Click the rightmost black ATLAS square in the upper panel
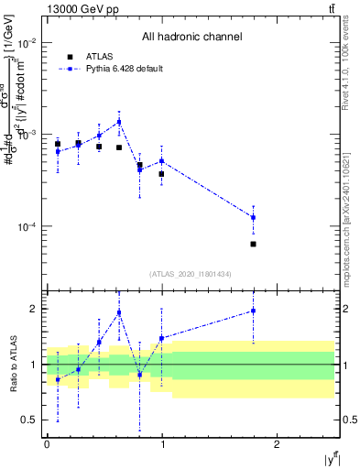253,244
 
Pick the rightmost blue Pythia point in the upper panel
253,217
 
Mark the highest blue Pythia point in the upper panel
119,121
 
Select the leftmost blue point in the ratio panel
58,379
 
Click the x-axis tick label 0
47,444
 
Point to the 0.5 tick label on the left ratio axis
29,420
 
